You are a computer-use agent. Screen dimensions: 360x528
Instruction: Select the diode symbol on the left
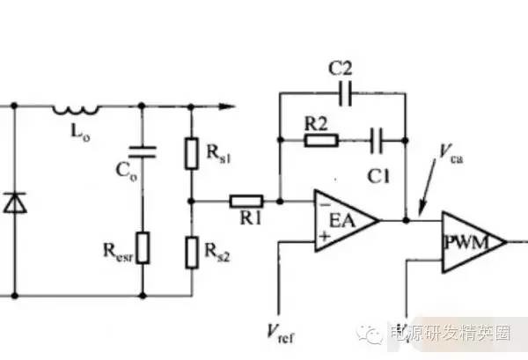[14, 202]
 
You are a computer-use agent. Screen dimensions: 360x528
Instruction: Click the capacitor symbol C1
[378, 139]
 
